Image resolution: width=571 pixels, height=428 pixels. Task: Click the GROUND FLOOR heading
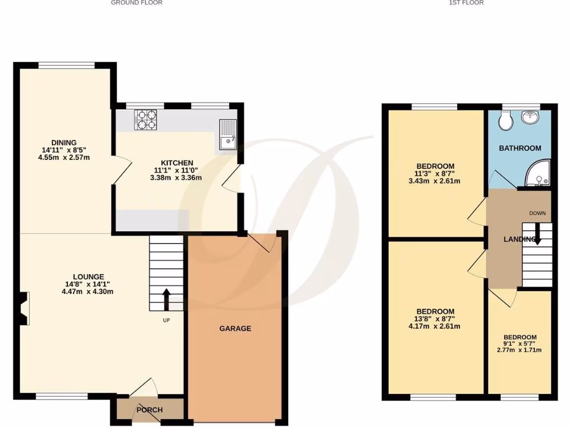coord(137,3)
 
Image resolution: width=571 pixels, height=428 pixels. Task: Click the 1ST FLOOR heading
coord(466,3)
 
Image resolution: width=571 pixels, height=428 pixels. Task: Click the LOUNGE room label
coord(88,276)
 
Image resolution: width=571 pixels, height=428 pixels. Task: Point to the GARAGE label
coord(235,328)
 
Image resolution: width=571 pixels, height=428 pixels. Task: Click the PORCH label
coord(149,410)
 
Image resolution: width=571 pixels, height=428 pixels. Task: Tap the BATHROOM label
coord(520,148)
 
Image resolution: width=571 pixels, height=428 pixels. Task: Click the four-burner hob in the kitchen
coord(146,119)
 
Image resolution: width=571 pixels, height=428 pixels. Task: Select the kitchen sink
coord(228,135)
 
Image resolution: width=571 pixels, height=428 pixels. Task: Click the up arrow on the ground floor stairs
coord(166,299)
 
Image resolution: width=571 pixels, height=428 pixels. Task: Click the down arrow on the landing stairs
coord(537,232)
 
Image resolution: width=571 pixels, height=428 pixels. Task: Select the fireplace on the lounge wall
coord(23,308)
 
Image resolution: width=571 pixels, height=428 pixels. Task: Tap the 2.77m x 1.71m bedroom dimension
coord(519,350)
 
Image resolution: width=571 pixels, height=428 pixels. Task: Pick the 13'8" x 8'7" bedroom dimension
coord(435,319)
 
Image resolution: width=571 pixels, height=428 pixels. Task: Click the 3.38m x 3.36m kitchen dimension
coord(177,178)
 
